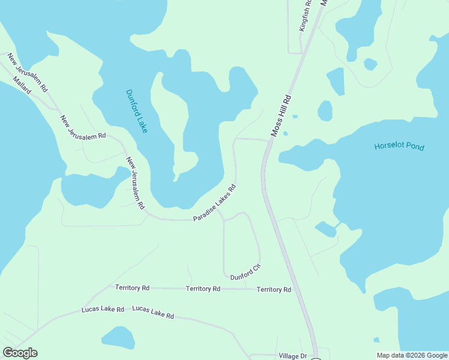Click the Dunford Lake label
click(136, 112)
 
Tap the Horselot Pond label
click(399, 146)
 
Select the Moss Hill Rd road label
click(281, 115)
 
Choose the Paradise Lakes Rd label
click(214, 202)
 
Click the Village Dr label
click(292, 356)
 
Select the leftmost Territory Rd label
click(132, 288)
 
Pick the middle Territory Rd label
click(203, 289)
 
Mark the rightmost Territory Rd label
click(274, 290)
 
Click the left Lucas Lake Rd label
click(103, 310)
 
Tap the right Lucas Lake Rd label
click(153, 312)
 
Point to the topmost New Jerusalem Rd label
click(28, 73)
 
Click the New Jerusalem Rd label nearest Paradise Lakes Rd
click(135, 183)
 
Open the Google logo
click(20, 353)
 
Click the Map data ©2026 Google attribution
click(411, 355)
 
